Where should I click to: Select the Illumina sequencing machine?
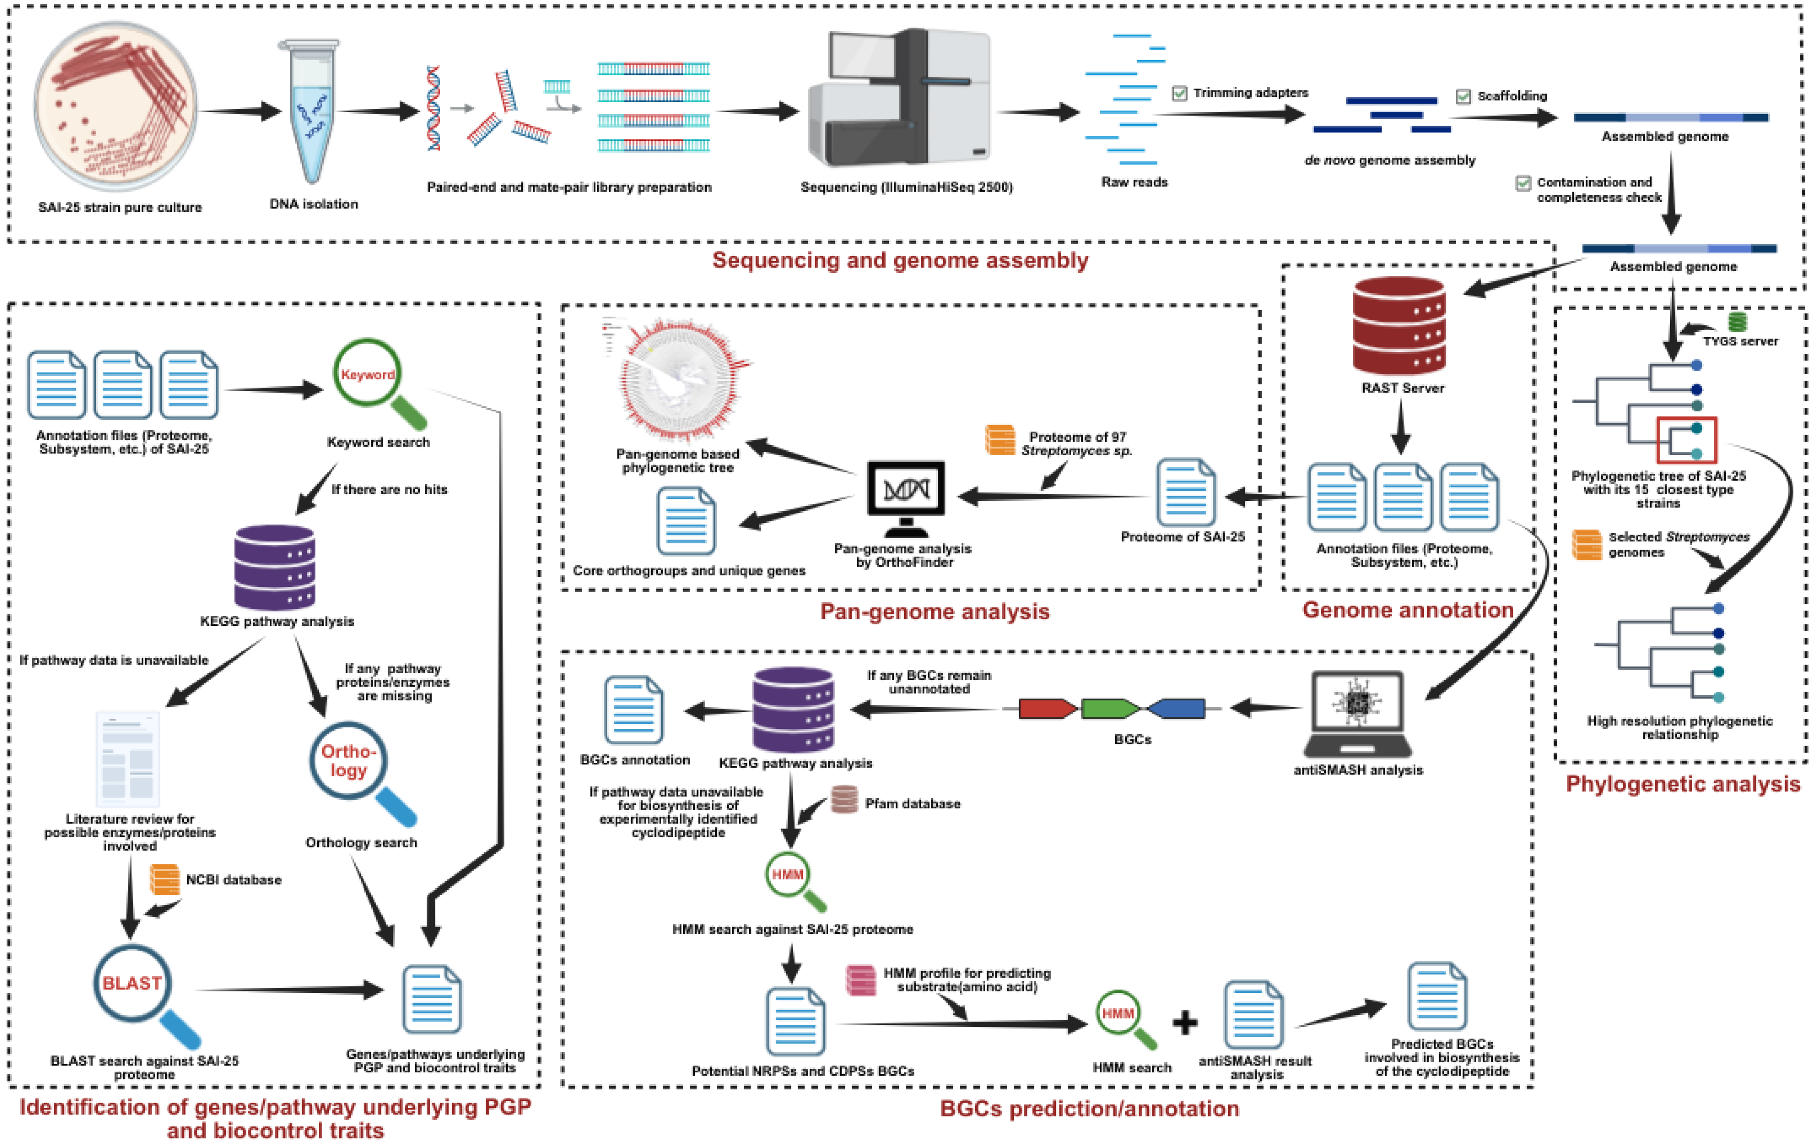tap(900, 98)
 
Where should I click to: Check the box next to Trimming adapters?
tap(1180, 93)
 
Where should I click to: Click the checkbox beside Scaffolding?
tap(1463, 96)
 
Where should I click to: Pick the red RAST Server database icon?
tap(1399, 325)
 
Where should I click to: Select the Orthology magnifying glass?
tap(348, 761)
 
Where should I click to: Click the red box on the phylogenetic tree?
tap(1686, 440)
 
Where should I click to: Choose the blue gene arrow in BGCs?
tap(1177, 708)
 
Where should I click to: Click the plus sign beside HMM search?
tap(1185, 1022)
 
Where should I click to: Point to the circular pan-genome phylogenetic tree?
tap(682, 381)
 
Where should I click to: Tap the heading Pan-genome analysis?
tap(934, 611)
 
